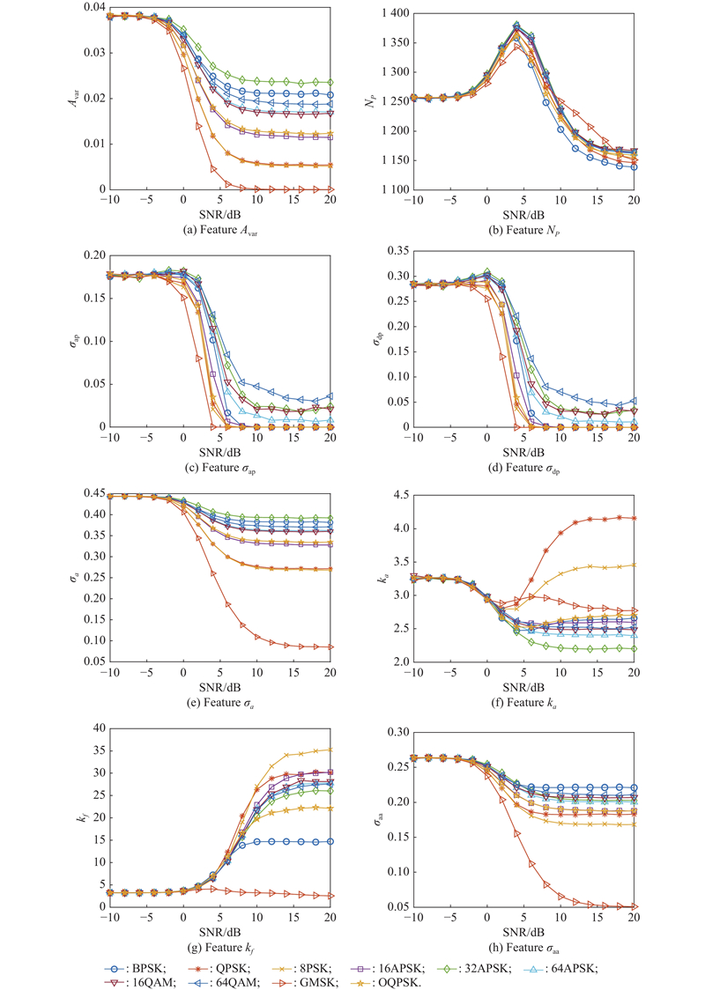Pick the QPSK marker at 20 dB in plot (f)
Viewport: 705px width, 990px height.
[x=634, y=518]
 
